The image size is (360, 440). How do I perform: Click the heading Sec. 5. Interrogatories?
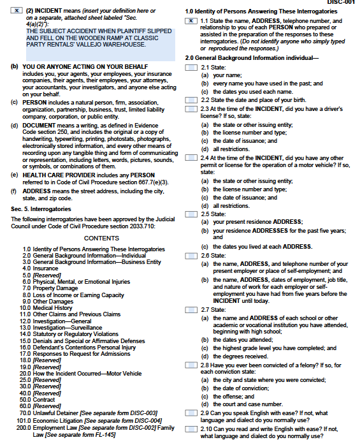[42, 209]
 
